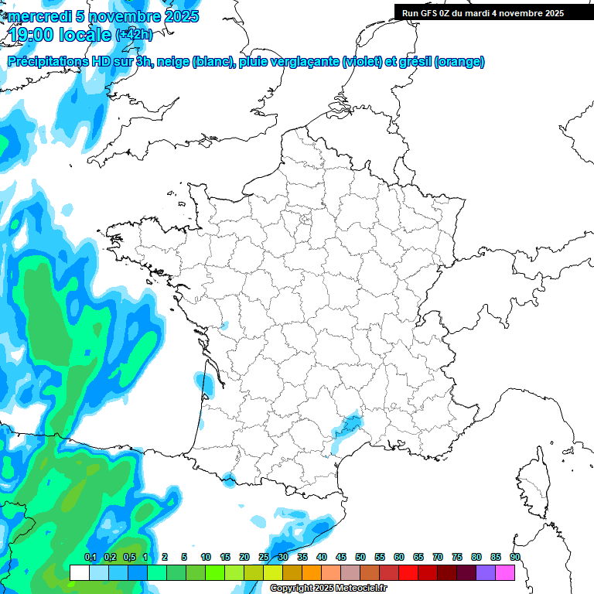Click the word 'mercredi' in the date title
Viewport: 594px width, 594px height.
tap(39, 15)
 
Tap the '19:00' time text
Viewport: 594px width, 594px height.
tap(32, 34)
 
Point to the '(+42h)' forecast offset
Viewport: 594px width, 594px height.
tap(134, 35)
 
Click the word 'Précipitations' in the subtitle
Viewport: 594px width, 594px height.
tap(47, 61)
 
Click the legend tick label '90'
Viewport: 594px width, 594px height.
tap(514, 557)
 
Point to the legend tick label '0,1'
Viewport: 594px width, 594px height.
tap(90, 557)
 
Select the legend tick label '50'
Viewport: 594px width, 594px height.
tap(360, 557)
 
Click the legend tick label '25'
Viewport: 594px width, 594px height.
tap(263, 557)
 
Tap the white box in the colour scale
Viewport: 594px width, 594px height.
tap(79, 572)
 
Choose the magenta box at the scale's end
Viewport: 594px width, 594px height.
tap(505, 572)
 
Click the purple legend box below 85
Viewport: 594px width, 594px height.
tap(486, 572)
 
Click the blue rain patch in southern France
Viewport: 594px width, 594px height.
tap(348, 422)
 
